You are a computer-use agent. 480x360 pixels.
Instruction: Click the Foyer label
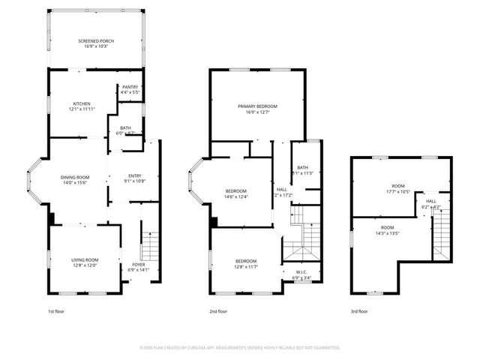[x=139, y=264]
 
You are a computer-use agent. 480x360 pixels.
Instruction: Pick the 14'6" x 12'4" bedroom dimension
[x=236, y=196]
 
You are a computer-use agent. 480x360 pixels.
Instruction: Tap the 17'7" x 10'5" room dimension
[x=397, y=191]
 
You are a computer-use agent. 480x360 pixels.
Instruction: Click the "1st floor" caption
[x=55, y=310]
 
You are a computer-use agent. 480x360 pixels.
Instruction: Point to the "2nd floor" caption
[x=218, y=310]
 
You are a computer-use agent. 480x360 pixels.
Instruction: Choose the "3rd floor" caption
[x=358, y=310]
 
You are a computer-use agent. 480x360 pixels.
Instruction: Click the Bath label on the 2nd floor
[x=302, y=167]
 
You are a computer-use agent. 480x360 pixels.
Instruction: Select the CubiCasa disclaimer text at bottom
[x=240, y=347]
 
